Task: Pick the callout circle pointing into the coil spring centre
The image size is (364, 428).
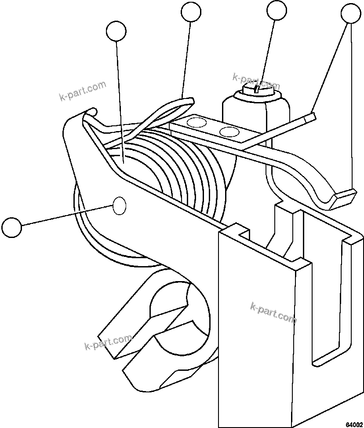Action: point(116,31)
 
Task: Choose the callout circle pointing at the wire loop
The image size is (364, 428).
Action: point(191,12)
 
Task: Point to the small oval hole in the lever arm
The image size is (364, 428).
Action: point(120,205)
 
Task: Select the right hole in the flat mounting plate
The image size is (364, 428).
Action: point(228,132)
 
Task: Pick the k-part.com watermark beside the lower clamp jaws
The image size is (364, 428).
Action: point(107,342)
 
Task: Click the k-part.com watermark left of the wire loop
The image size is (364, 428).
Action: point(83,90)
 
